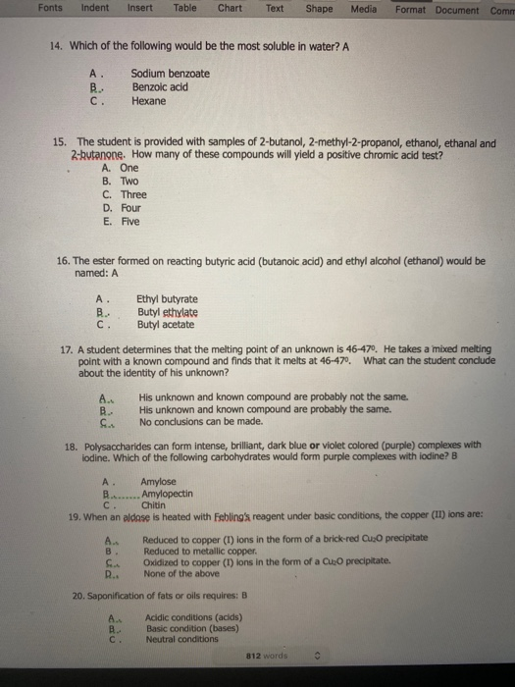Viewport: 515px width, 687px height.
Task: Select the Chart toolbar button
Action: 231,9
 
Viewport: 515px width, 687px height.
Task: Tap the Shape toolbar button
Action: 319,9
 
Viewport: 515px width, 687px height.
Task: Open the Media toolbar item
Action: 364,9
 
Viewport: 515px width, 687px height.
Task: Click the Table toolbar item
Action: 184,9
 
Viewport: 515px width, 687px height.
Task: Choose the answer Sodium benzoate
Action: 169,74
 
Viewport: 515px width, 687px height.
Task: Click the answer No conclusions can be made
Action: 200,422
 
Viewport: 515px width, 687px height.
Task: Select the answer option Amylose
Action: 158,482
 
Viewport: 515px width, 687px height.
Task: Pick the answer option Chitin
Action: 154,505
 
